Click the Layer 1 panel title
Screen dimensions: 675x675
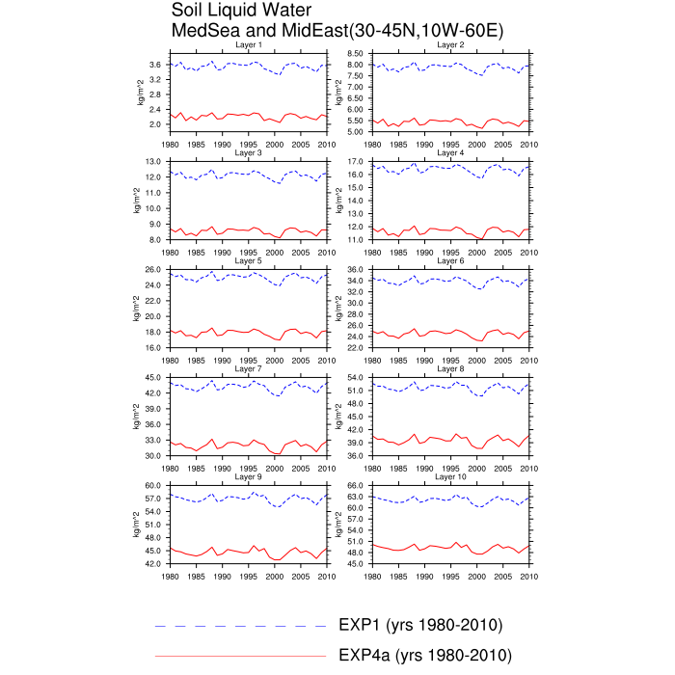tap(248, 44)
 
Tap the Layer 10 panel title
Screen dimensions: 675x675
tap(450, 476)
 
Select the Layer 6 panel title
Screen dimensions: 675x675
tap(450, 260)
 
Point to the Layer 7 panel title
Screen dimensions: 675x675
tap(248, 368)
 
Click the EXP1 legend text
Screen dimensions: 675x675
tap(420, 625)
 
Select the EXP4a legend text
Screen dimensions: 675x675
tap(425, 655)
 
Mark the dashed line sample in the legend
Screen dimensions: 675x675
tap(241, 626)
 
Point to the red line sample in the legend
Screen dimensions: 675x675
tap(241, 656)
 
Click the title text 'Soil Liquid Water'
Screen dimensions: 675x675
tap(242, 11)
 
